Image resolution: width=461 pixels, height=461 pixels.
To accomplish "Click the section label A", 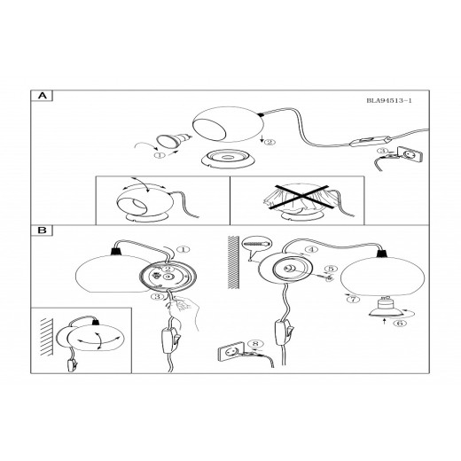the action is click(43, 96).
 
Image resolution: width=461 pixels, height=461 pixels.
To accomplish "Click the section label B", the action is click(43, 230).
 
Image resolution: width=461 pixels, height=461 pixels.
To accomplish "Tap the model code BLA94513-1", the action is click(389, 100).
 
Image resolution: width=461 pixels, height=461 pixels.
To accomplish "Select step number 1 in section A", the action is click(160, 155).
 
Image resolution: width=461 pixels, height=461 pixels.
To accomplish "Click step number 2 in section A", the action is click(270, 142).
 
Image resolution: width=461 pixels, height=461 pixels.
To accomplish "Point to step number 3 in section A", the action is click(383, 151).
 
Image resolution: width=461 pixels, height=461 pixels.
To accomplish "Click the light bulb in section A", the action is click(174, 141).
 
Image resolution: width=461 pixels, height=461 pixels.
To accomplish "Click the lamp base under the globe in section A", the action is click(229, 159).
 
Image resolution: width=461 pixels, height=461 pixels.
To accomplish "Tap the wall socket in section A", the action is click(410, 155).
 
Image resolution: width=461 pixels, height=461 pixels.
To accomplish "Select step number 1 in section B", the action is click(184, 249).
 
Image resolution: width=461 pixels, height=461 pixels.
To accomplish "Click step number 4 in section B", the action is click(311, 250).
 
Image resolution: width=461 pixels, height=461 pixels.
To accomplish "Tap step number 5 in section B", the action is click(331, 269).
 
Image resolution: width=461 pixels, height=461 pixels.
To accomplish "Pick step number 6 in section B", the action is click(400, 323).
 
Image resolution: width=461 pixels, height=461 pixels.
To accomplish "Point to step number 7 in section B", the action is click(354, 300).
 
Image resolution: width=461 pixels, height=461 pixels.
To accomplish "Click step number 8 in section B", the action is click(255, 344).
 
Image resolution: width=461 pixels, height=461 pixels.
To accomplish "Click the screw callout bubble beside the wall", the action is click(257, 244).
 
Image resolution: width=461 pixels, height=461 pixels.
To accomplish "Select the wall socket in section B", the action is click(231, 351).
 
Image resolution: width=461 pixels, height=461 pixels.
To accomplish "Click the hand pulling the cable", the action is click(184, 310).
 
